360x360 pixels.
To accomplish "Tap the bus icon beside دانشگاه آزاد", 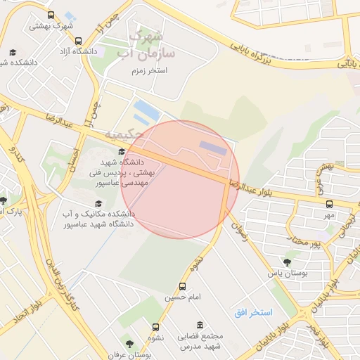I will pos(78,41).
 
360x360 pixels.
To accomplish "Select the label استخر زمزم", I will pos(148,71).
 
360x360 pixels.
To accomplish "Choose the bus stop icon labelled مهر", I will pos(329,204).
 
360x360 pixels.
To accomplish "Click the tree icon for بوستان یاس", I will pos(286,261).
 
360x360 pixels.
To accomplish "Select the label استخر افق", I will pos(257,311).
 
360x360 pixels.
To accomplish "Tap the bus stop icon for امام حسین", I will pos(183,287).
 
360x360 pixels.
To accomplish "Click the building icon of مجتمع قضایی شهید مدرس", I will pos(200,326).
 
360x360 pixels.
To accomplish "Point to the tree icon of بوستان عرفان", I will pos(129,345).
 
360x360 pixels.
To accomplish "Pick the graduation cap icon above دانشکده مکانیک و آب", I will pos(98,204).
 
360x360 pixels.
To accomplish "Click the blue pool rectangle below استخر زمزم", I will pos(146,108).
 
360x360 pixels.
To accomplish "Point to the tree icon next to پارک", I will pos(3,200).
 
